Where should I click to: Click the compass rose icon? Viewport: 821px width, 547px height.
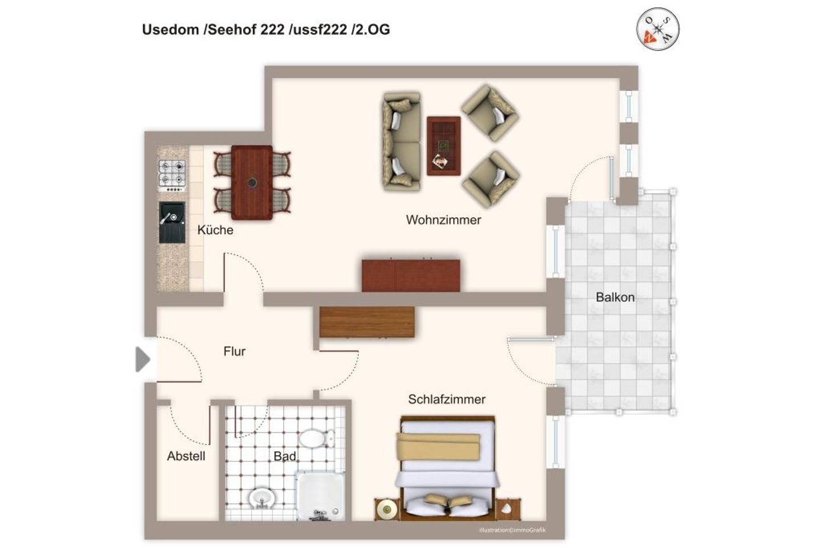tap(657, 29)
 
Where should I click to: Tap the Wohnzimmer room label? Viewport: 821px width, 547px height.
tap(443, 220)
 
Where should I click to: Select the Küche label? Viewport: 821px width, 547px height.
tap(215, 230)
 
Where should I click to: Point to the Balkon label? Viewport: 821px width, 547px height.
tap(615, 297)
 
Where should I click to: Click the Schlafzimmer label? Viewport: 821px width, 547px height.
tap(446, 399)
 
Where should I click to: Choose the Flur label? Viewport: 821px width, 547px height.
tap(234, 352)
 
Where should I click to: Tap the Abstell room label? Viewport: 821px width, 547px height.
tap(186, 456)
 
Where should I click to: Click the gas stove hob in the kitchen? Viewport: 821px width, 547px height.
tap(172, 174)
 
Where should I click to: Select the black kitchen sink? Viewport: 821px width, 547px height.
tap(172, 222)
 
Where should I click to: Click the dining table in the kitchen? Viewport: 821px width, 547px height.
tap(251, 182)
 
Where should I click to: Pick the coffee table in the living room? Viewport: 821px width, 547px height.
tap(444, 146)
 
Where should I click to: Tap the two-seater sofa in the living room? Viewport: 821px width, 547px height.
tap(402, 141)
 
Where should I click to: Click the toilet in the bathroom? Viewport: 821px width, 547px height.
tap(315, 439)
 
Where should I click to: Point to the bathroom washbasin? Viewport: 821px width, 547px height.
tap(262, 499)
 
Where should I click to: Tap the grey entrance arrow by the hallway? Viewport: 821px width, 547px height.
tap(142, 360)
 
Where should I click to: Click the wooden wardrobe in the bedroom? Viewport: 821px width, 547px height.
tap(367, 322)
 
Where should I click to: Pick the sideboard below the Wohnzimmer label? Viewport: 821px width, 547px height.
tap(410, 276)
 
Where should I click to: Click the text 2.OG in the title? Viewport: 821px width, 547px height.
tap(371, 30)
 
